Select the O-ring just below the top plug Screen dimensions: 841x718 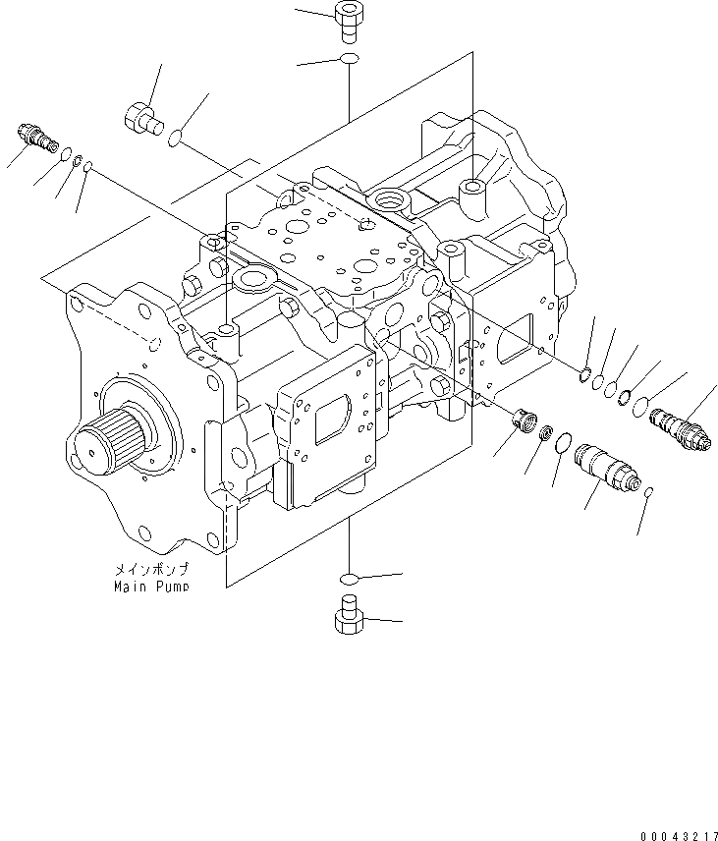[349, 62]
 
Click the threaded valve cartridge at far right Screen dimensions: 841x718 [681, 429]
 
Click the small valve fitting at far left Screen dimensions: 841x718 [35, 138]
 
